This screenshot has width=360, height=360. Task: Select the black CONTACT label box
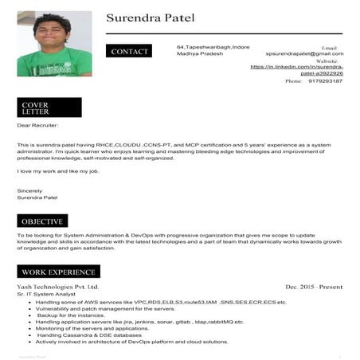coord(130,52)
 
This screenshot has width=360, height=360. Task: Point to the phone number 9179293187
coord(324,81)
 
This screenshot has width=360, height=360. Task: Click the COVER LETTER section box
coord(49,108)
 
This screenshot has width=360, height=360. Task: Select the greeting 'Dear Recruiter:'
coord(37,125)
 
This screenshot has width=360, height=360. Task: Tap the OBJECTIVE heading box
coord(42,221)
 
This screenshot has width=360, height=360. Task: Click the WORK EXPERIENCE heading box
coord(59,272)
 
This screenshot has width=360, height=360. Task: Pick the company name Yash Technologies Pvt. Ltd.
coord(58,286)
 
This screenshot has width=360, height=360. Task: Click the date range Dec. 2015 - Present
coord(314,286)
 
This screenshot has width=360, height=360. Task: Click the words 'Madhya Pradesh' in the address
coord(198,54)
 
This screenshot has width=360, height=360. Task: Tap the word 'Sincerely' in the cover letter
coord(29,190)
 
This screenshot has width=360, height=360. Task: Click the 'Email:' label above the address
coord(329,48)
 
